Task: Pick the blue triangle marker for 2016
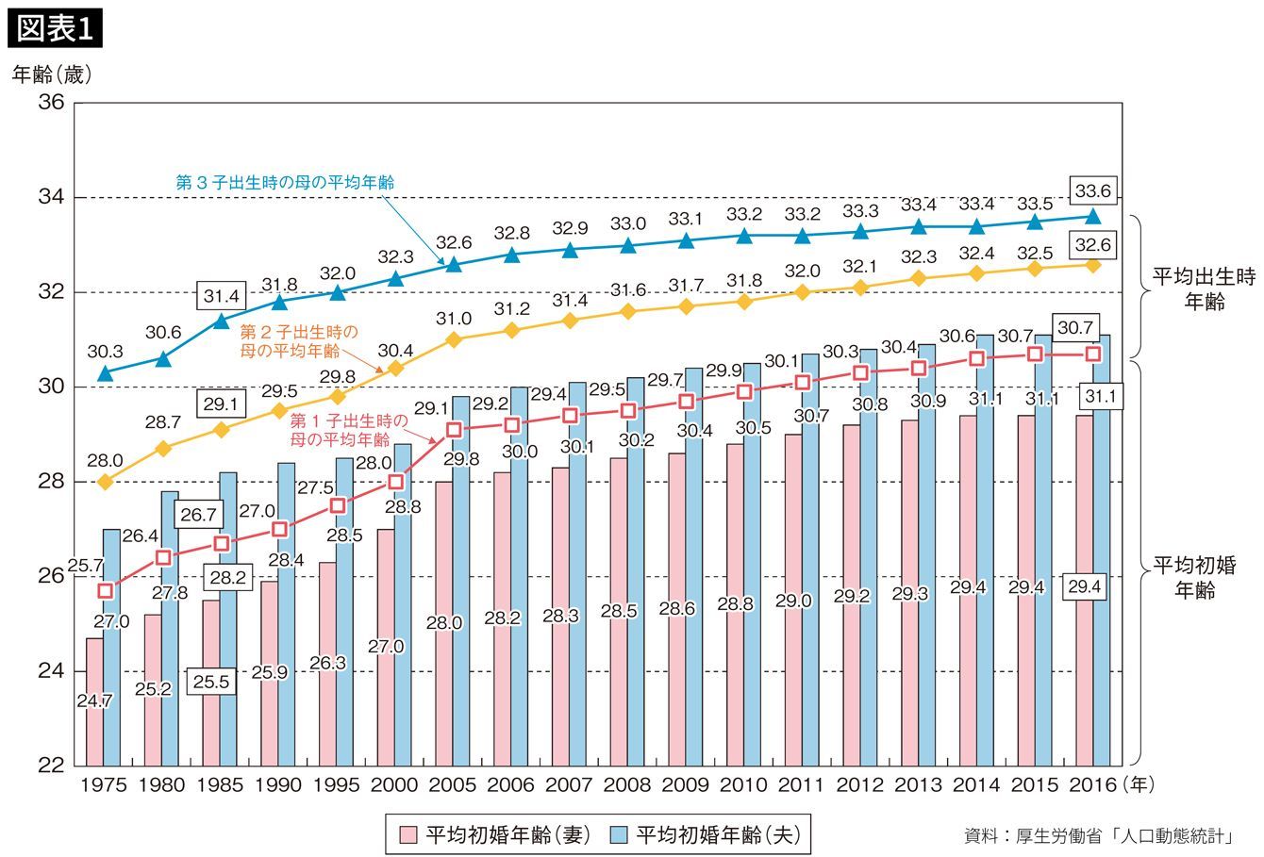click(x=1092, y=216)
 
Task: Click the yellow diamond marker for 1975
click(x=106, y=482)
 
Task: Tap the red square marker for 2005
click(x=454, y=430)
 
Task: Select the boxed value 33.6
click(x=1092, y=192)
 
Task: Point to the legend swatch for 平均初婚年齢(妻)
click(x=407, y=834)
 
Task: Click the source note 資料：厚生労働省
click(x=1099, y=835)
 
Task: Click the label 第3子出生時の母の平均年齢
click(x=285, y=182)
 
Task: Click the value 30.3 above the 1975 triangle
click(x=105, y=351)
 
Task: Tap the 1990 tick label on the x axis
click(x=278, y=784)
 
